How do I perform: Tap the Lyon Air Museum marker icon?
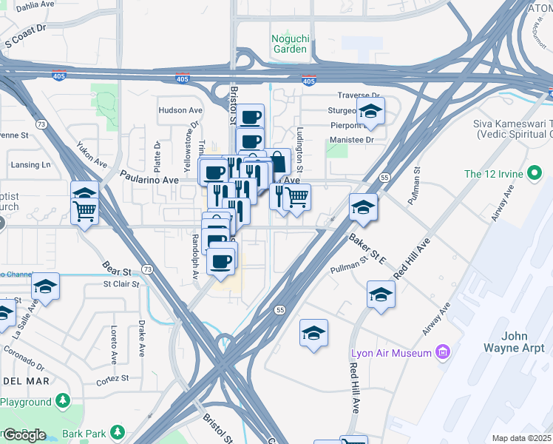[x=444, y=353]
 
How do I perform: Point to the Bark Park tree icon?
[x=117, y=431]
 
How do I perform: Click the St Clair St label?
[x=121, y=283]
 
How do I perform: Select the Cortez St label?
[x=112, y=377]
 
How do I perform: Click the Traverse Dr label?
[x=359, y=95]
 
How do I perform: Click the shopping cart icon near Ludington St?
[x=296, y=197]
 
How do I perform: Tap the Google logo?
[x=24, y=434]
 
